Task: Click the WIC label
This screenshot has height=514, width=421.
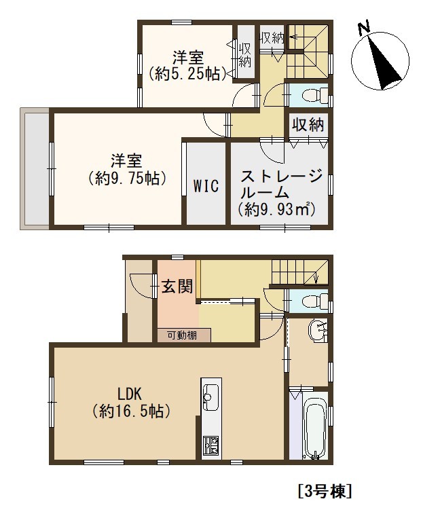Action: click(206, 186)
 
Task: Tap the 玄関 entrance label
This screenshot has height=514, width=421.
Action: click(177, 287)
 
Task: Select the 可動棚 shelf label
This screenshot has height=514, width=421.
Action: click(182, 335)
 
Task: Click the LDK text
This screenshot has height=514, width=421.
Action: click(129, 394)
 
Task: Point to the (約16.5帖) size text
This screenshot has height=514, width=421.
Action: click(131, 411)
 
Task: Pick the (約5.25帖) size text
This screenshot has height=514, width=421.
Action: click(187, 73)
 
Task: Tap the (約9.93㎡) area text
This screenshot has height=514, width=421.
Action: click(276, 209)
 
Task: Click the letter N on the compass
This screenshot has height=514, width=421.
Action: click(364, 28)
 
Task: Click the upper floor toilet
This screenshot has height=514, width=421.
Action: click(313, 95)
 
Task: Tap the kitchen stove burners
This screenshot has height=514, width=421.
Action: click(211, 445)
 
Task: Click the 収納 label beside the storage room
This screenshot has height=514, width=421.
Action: click(308, 124)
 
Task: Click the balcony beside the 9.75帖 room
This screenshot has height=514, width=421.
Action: click(35, 168)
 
